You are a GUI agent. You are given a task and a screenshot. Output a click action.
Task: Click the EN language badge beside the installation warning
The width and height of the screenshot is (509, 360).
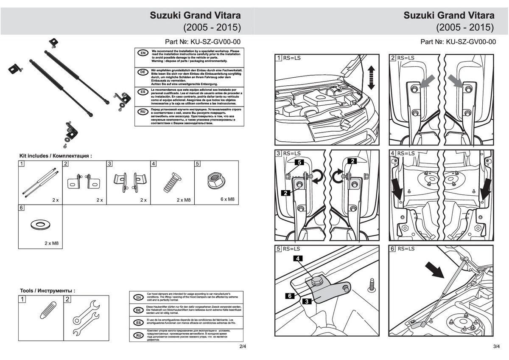(x=143, y=53)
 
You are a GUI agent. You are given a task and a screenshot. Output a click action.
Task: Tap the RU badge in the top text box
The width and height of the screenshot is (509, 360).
(x=143, y=111)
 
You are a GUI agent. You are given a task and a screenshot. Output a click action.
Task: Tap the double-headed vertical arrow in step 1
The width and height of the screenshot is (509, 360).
(x=372, y=77)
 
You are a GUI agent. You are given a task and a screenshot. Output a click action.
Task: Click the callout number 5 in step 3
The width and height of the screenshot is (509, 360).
(x=299, y=162)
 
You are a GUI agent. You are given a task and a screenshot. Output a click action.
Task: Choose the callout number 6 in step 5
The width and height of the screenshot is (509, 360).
(x=288, y=296)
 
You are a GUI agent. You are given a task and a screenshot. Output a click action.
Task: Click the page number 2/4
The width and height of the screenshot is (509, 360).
(x=243, y=346)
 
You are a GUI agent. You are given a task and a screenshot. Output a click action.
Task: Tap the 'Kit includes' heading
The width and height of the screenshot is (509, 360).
(x=55, y=156)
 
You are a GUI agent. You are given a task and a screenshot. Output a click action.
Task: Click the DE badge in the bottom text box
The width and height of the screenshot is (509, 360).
(x=137, y=310)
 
